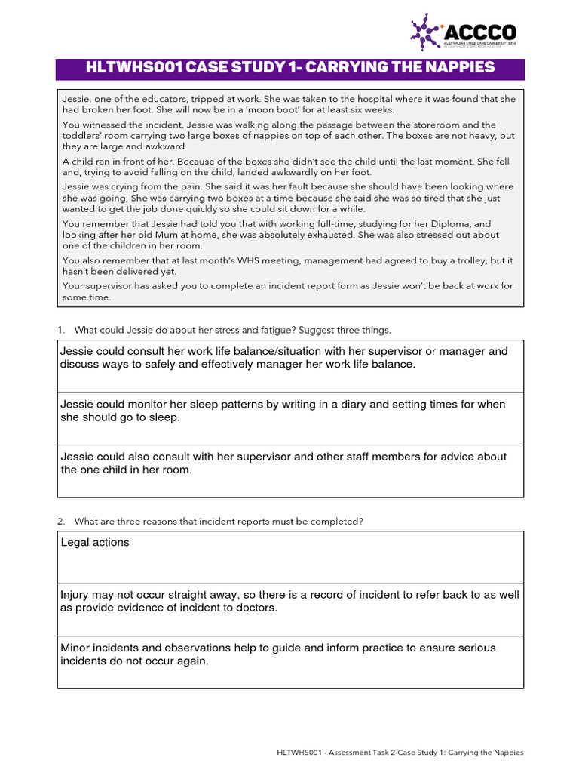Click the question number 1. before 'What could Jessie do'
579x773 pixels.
(x=61, y=330)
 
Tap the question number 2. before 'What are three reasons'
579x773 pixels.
(x=61, y=521)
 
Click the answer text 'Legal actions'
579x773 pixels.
(x=94, y=542)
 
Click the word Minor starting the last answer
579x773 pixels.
(x=75, y=648)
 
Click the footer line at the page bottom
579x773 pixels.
(x=400, y=752)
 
